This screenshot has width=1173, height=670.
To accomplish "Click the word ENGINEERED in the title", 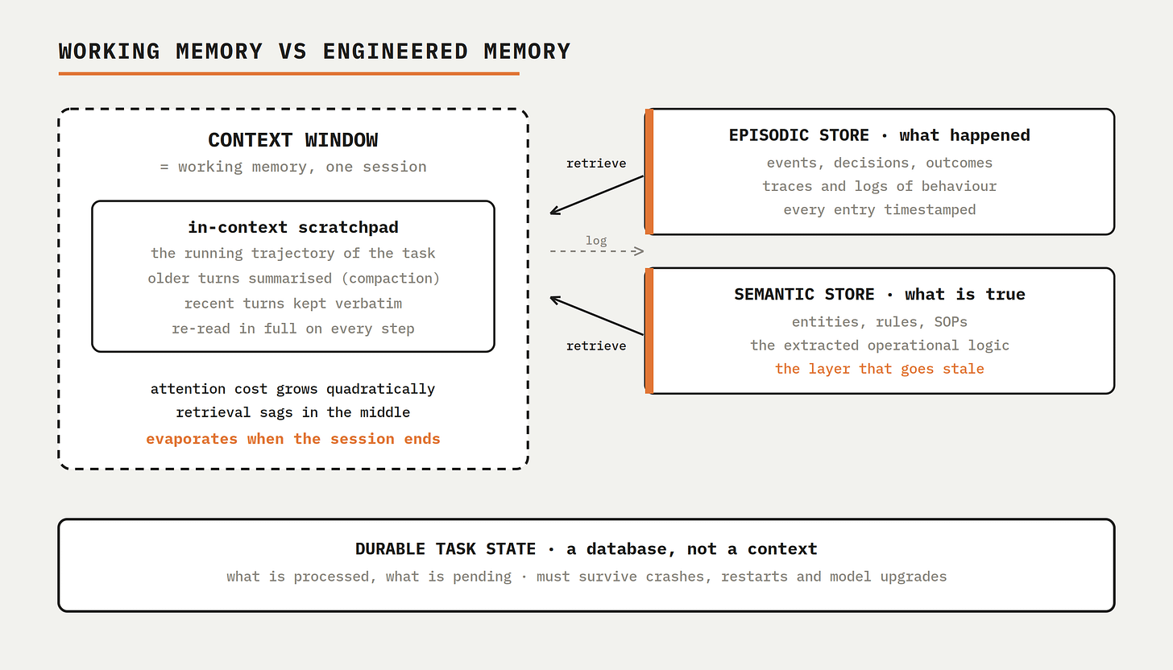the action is pyautogui.click(x=396, y=52).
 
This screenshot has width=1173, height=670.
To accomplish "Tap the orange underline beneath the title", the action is pyautogui.click(x=289, y=74).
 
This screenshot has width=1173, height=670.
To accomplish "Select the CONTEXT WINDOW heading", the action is pyautogui.click(x=293, y=140).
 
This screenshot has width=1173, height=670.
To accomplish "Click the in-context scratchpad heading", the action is pyautogui.click(x=293, y=227).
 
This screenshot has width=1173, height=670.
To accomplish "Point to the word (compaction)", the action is pyautogui.click(x=391, y=279).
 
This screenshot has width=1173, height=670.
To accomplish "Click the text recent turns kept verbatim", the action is pyautogui.click(x=293, y=304).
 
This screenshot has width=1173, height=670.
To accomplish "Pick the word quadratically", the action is pyautogui.click(x=381, y=389).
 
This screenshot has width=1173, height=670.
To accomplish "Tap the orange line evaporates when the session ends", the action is pyautogui.click(x=293, y=439).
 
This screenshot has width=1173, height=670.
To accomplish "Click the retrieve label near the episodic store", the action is pyautogui.click(x=596, y=163).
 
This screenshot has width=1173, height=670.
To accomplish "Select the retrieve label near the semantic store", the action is pyautogui.click(x=596, y=346).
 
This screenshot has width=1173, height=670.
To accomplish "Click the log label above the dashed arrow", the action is pyautogui.click(x=596, y=240).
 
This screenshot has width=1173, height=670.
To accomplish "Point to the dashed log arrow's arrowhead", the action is pyautogui.click(x=639, y=251).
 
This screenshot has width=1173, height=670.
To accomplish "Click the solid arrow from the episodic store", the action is pyautogui.click(x=597, y=195).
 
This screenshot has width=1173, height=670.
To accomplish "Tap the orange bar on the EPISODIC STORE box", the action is pyautogui.click(x=649, y=172).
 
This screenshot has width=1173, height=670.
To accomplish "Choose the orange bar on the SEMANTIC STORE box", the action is pyautogui.click(x=649, y=331).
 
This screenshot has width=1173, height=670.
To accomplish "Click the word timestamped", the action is pyautogui.click(x=930, y=210).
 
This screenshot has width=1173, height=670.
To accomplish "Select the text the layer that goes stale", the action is pyautogui.click(x=880, y=369).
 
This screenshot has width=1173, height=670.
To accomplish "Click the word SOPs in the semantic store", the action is pyautogui.click(x=951, y=322).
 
